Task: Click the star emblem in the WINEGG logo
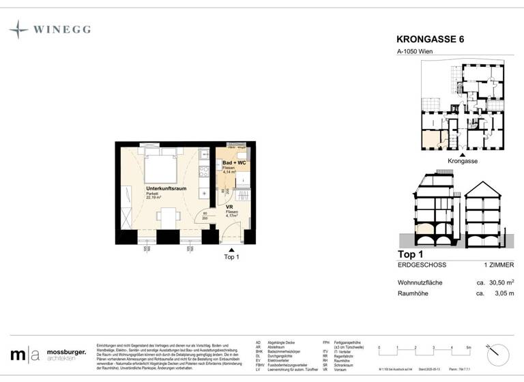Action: (x=18, y=29)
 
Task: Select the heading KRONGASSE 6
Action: (x=429, y=40)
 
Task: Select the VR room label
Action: (x=230, y=207)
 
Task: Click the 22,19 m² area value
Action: (x=155, y=198)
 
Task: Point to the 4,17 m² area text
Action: (x=232, y=217)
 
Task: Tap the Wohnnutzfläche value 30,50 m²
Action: (x=499, y=282)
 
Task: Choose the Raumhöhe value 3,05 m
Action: (x=500, y=293)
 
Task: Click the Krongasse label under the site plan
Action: (x=462, y=161)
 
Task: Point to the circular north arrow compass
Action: (x=499, y=353)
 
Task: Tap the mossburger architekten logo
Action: (x=48, y=355)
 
